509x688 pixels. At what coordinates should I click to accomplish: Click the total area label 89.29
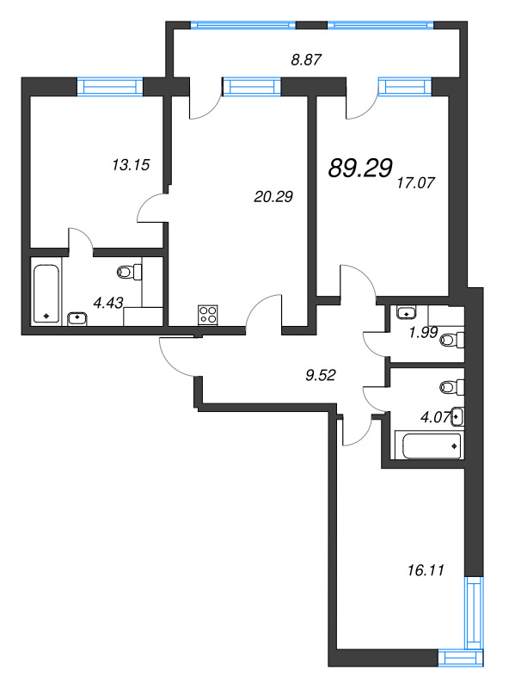coord(360,168)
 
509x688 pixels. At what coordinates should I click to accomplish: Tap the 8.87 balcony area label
coord(306,59)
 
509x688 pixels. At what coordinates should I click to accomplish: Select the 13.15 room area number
coord(131,165)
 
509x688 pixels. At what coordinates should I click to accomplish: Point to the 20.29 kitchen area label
coord(273,197)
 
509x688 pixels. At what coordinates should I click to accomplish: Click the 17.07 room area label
coord(415,182)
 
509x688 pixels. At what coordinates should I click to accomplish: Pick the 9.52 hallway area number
coord(321,375)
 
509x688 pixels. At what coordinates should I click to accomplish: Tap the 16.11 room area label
coord(426,570)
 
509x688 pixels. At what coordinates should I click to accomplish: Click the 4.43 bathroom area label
coord(108,303)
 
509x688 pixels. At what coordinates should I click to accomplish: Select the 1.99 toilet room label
coord(423,333)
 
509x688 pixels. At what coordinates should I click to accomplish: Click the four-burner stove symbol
coord(207,316)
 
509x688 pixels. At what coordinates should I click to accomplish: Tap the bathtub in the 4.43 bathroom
coord(46,293)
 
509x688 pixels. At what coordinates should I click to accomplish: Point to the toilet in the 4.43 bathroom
coord(130,272)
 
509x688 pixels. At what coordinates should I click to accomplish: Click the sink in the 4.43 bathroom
coord(77,318)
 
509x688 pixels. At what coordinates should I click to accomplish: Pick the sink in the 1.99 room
coord(407,312)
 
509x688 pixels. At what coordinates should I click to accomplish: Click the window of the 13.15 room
coord(110,87)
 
